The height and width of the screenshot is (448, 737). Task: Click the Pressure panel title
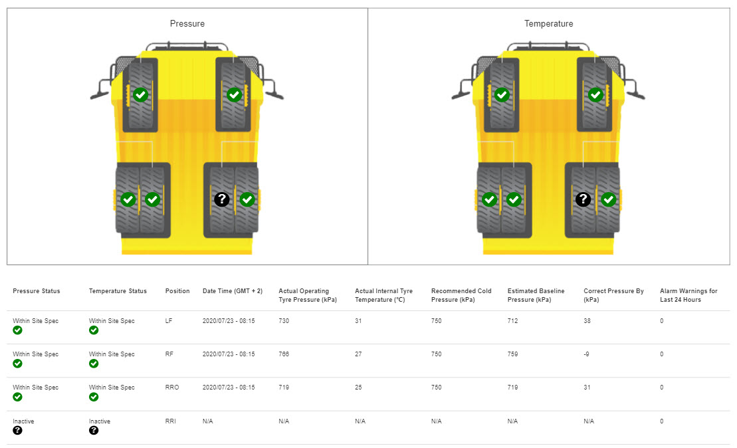pyautogui.click(x=187, y=23)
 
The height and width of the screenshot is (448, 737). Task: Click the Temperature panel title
pyautogui.click(x=548, y=23)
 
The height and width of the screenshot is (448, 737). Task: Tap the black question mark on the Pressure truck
pyautogui.click(x=222, y=199)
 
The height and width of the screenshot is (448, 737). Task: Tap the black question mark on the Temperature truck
pyautogui.click(x=583, y=199)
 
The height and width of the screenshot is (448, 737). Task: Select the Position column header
pyautogui.click(x=177, y=291)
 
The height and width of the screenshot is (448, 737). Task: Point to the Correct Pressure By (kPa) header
pyautogui.click(x=613, y=295)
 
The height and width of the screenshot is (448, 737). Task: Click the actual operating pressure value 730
pyautogui.click(x=284, y=321)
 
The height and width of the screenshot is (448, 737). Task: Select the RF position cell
pyautogui.click(x=169, y=354)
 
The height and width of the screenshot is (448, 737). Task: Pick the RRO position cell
pyautogui.click(x=172, y=388)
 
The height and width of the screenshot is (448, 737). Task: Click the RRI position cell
pyautogui.click(x=171, y=421)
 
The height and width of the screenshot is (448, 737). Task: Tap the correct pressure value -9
pyautogui.click(x=586, y=354)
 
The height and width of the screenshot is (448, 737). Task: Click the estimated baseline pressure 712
pyautogui.click(x=512, y=321)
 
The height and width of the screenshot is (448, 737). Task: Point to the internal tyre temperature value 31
pyautogui.click(x=358, y=321)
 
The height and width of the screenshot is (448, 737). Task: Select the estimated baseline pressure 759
pyautogui.click(x=512, y=354)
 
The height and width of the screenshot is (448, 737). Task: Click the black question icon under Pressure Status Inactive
pyautogui.click(x=17, y=431)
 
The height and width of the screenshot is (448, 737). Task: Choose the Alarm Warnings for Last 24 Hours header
pyautogui.click(x=688, y=295)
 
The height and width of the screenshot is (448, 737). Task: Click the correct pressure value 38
pyautogui.click(x=587, y=321)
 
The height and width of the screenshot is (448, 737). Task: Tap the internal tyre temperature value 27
pyautogui.click(x=358, y=354)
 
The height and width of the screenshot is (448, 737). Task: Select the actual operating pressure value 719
pyautogui.click(x=284, y=388)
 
